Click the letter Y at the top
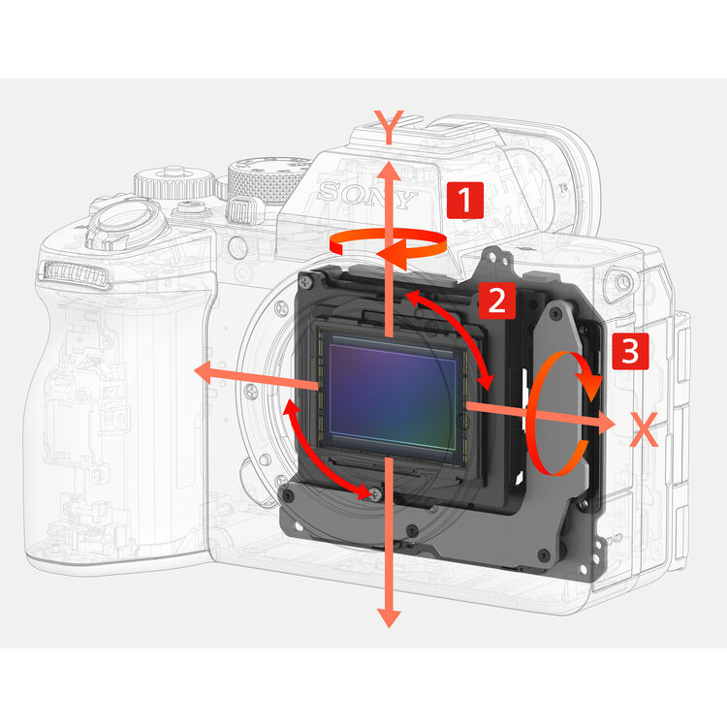[388, 124]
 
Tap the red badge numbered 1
[463, 202]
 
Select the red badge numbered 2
[494, 300]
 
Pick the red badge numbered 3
[627, 351]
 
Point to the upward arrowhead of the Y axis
[388, 173]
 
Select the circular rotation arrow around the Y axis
[388, 246]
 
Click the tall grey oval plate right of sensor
[560, 388]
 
